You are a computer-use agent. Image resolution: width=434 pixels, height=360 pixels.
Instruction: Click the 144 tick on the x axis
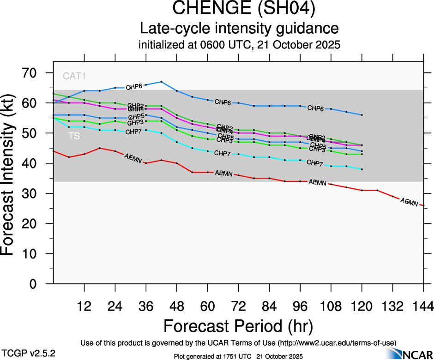pyautogui.click(x=423, y=306)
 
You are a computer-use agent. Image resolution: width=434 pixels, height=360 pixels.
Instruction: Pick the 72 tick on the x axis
pyautogui.click(x=238, y=306)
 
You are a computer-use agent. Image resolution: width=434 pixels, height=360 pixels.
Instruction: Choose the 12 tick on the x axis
pyautogui.click(x=84, y=306)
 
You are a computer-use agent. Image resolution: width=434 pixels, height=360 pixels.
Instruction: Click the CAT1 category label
pyautogui.click(x=74, y=76)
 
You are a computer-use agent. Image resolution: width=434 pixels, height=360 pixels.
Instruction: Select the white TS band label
pyautogui.click(x=74, y=136)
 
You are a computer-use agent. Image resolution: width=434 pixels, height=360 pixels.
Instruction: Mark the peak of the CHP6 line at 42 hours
pyautogui.click(x=161, y=82)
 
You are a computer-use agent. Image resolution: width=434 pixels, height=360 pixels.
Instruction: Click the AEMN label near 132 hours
pyautogui.click(x=409, y=202)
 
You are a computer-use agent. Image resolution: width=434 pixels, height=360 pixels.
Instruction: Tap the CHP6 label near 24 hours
pyautogui.click(x=134, y=87)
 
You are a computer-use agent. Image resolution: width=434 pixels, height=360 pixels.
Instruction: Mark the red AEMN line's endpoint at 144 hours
pyautogui.click(x=424, y=205)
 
